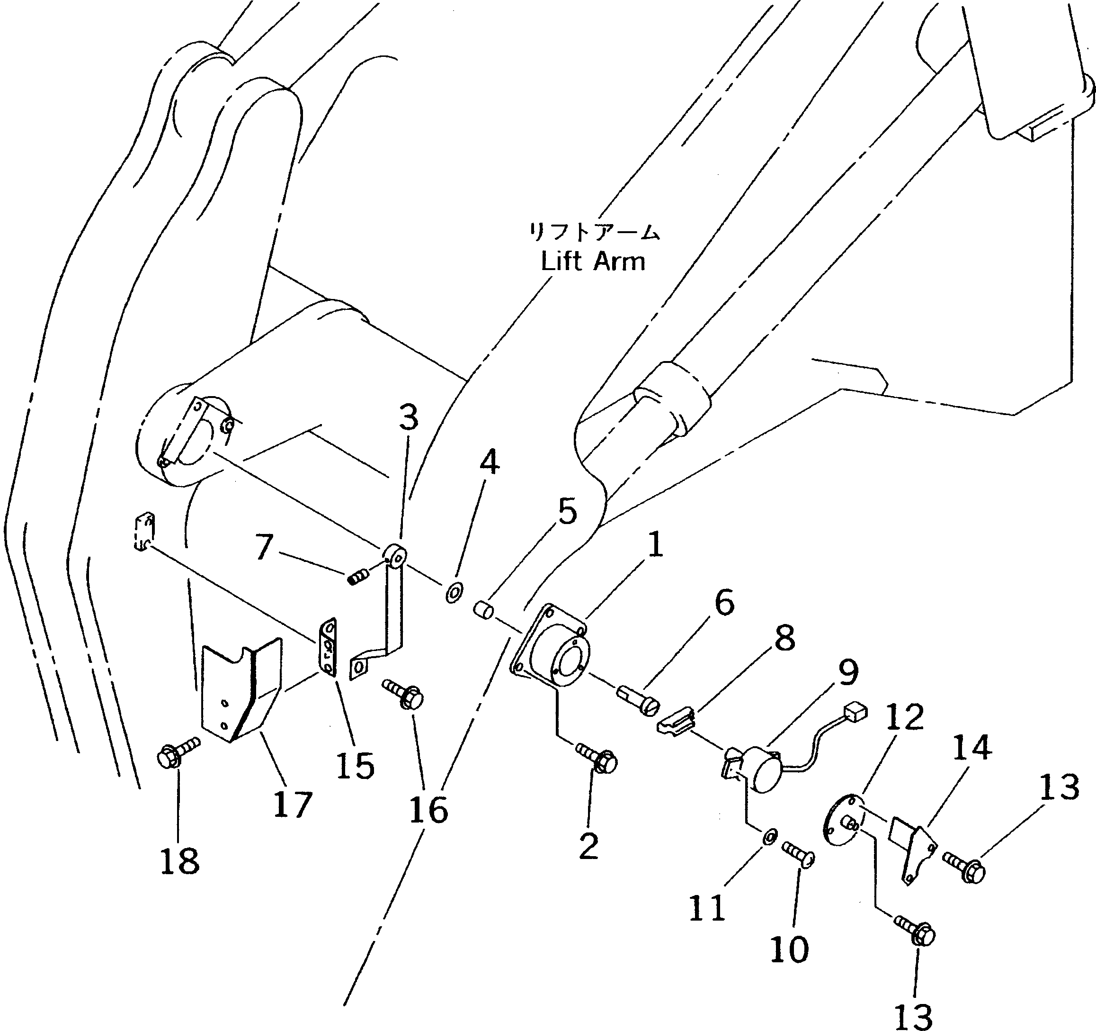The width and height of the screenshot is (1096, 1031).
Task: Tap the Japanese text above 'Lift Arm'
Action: pos(594,232)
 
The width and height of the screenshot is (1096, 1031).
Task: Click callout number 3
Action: pos(409,418)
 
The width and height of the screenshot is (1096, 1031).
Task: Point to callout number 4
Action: pos(489,462)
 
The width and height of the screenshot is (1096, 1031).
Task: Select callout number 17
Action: pos(292,804)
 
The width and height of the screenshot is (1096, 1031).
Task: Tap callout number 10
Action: pos(789,949)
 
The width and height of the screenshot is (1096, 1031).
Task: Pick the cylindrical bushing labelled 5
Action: pos(483,611)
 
